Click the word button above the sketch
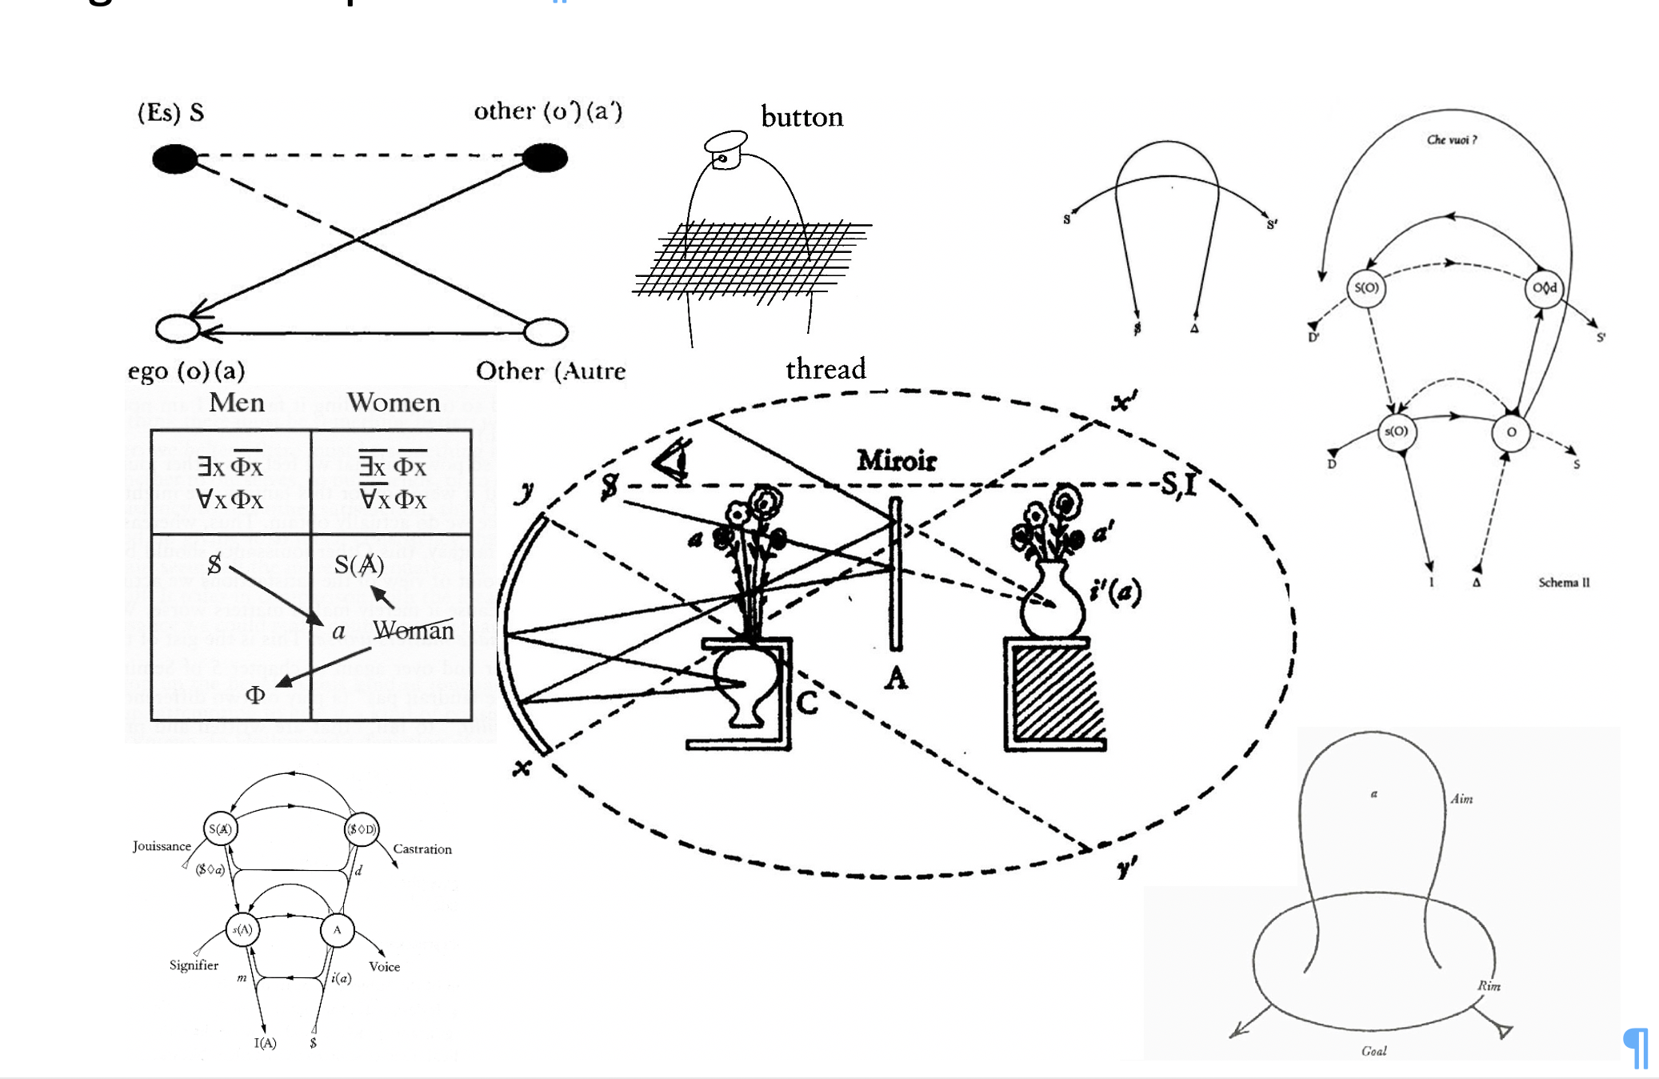click(x=802, y=118)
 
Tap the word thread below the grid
click(x=826, y=369)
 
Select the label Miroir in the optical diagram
click(x=896, y=460)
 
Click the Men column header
click(x=237, y=402)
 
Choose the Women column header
click(x=394, y=402)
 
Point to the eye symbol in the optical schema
click(x=673, y=463)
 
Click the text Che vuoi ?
click(x=1451, y=140)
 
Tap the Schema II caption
click(x=1564, y=583)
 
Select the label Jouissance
click(x=162, y=846)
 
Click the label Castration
click(x=422, y=849)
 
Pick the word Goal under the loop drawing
click(x=1373, y=1051)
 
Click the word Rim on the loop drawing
click(x=1489, y=985)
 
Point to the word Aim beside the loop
click(x=1461, y=799)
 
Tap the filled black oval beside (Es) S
click(x=175, y=158)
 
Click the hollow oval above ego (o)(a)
click(x=177, y=329)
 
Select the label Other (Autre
click(x=550, y=371)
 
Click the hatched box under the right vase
click(x=1056, y=695)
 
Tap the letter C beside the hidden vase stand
click(x=807, y=703)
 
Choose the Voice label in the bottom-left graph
click(x=384, y=967)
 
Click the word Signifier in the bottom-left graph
click(x=194, y=965)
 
